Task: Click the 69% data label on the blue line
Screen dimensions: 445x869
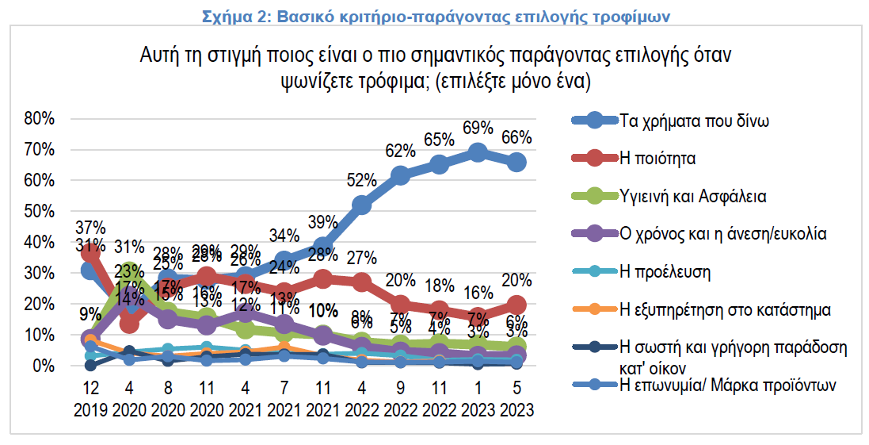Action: coord(478,129)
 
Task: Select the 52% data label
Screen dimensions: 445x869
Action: coord(361,181)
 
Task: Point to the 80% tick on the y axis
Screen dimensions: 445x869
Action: coord(40,119)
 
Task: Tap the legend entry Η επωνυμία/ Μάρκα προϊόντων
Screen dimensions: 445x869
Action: coord(727,385)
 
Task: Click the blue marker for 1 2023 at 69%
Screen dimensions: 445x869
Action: coord(478,153)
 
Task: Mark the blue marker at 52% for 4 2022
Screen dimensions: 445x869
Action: coord(361,205)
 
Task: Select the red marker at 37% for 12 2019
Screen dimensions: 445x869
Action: coord(91,252)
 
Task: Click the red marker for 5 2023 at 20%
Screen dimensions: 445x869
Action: coord(516,305)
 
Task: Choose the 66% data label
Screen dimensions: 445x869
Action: coord(516,137)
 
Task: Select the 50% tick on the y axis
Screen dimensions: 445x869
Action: coord(40,211)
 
